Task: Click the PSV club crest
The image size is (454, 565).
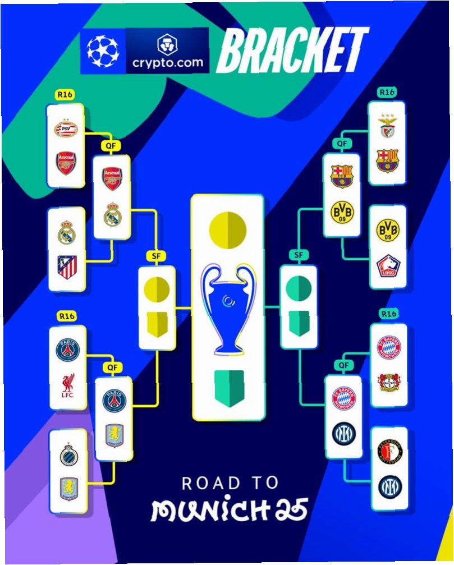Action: coord(66,130)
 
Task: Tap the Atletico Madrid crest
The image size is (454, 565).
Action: coord(67,267)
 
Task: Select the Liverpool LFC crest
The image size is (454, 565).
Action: coord(68,387)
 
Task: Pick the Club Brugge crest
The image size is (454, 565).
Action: coord(68,455)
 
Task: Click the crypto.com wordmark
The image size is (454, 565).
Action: coord(168,62)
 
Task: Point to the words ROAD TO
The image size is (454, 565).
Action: coord(230,483)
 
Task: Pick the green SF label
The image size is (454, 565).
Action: coord(299,255)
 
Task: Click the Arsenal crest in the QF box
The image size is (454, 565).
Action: coord(112,178)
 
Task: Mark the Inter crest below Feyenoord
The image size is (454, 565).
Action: coord(389,486)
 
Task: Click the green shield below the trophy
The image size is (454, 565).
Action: coord(228,385)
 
